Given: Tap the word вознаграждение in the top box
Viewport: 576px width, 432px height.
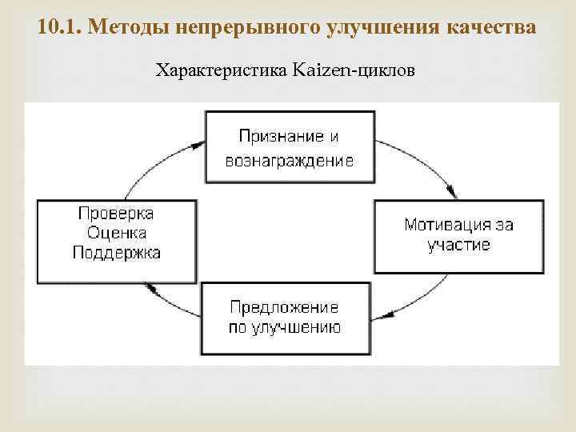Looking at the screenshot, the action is [290, 160].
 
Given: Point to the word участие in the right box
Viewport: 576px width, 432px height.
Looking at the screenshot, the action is [458, 245].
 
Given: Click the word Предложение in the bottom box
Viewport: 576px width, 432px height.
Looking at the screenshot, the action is [284, 307].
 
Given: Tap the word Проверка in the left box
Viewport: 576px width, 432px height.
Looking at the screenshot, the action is [116, 214].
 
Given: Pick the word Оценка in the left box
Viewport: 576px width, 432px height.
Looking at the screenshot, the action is [116, 233].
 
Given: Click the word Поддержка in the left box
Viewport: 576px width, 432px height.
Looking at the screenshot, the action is [116, 253].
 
